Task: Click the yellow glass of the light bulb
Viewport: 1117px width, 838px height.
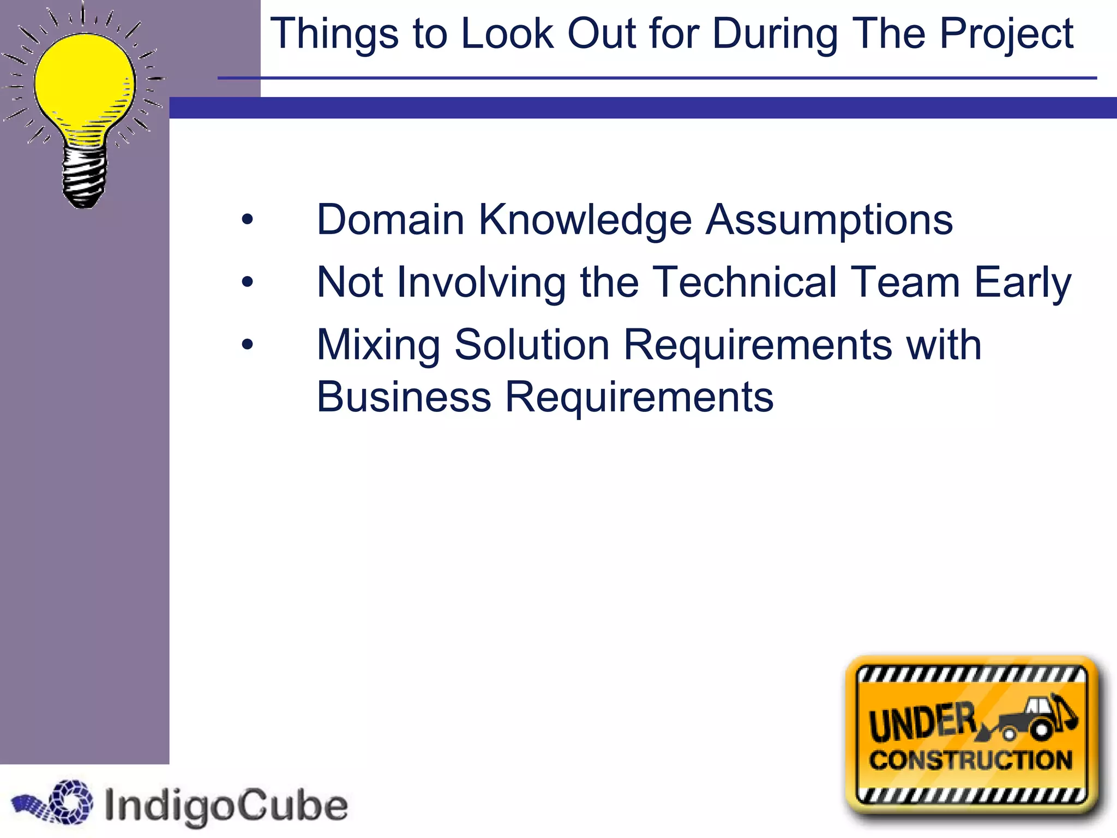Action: pyautogui.click(x=85, y=82)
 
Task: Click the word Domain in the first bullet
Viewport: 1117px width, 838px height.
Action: pyautogui.click(x=390, y=219)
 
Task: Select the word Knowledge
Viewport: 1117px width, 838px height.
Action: pyautogui.click(x=585, y=219)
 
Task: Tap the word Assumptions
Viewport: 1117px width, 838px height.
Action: pyautogui.click(x=829, y=219)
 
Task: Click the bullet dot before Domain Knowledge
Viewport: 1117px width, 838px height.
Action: pyautogui.click(x=248, y=220)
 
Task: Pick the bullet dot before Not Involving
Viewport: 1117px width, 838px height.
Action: pyautogui.click(x=248, y=282)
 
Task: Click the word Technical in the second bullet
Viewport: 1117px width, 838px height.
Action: pyautogui.click(x=745, y=282)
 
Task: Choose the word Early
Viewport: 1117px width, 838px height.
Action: pyautogui.click(x=1023, y=282)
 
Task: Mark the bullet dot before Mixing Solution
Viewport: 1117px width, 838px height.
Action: pyautogui.click(x=248, y=345)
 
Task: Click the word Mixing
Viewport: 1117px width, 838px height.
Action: pyautogui.click(x=379, y=345)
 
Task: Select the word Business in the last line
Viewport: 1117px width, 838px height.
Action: pyautogui.click(x=404, y=397)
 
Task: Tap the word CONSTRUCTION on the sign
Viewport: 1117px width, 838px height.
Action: pyautogui.click(x=971, y=761)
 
